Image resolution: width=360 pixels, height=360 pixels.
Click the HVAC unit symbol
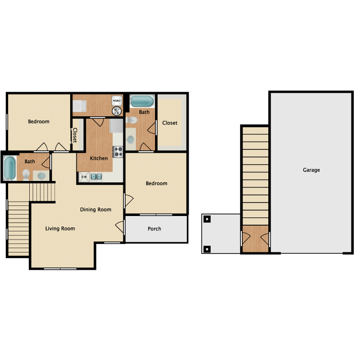tap(117, 101)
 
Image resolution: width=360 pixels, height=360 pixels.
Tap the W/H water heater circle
tap(117, 111)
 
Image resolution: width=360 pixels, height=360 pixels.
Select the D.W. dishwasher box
tap(84, 177)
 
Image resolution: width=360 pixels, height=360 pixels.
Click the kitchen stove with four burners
tap(118, 152)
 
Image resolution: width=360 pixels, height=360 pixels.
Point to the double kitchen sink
tap(96, 177)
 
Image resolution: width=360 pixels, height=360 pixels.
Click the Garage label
tap(312, 170)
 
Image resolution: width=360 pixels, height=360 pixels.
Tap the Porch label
tap(154, 228)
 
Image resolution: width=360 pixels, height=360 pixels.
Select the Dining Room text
tap(96, 210)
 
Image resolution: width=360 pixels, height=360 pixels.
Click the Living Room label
tap(60, 228)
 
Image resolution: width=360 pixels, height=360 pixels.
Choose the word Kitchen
tap(99, 158)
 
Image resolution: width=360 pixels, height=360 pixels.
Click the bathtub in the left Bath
tap(10, 168)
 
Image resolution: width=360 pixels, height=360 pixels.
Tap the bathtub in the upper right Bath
tap(142, 101)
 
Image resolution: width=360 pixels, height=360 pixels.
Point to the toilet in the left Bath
tap(26, 175)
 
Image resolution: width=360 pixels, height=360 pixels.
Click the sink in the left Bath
tap(41, 176)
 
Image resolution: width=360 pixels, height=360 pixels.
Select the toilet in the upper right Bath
tap(132, 120)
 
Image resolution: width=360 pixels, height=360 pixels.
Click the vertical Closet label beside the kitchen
tap(75, 135)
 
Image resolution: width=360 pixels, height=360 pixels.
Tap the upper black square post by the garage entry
tap(207, 219)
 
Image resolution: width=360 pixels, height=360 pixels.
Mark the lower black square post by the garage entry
tap(207, 249)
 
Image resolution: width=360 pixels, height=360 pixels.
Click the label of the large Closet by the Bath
tap(169, 123)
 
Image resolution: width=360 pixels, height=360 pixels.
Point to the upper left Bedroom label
tap(38, 121)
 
